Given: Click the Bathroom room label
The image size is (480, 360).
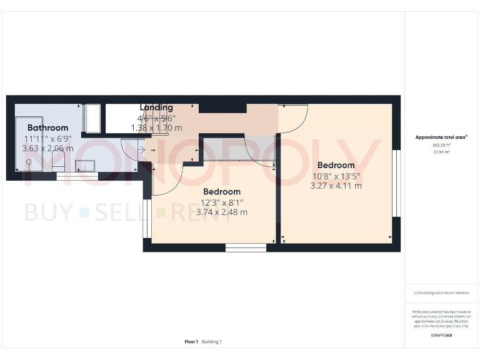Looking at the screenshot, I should click(47, 127).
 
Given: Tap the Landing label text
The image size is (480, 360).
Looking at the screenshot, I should click(156, 107).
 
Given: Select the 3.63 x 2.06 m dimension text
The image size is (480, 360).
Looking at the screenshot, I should click(47, 149).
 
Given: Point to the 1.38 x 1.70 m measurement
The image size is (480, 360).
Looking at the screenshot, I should click(156, 128).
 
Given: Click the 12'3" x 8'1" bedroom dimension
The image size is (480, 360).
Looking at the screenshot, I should click(221, 202).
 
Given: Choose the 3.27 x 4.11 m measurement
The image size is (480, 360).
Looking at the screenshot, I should click(336, 186).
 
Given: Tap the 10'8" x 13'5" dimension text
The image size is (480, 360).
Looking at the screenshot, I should click(336, 176).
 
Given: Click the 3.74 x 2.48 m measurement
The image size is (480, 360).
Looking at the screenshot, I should click(221, 212).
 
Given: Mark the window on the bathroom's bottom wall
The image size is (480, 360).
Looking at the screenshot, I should click(77, 177).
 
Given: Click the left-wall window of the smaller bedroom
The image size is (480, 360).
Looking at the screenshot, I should click(147, 219).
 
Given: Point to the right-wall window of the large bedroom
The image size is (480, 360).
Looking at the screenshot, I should click(396, 184).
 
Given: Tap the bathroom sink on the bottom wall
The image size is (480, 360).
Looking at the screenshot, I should click(84, 165).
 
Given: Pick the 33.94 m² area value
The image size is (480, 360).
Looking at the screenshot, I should click(441, 151).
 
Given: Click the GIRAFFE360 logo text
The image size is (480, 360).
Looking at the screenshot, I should click(441, 336).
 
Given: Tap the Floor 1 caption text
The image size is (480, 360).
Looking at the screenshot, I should click(191, 342).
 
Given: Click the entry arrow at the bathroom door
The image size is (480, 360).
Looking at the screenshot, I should click(141, 150).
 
